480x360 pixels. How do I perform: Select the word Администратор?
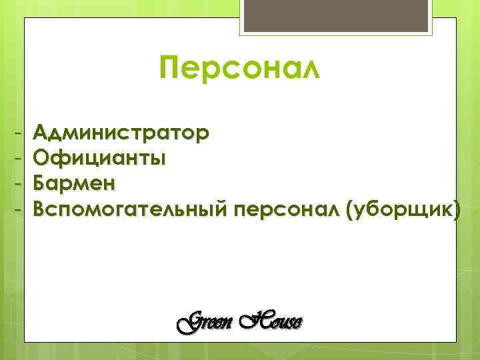click(x=121, y=133)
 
